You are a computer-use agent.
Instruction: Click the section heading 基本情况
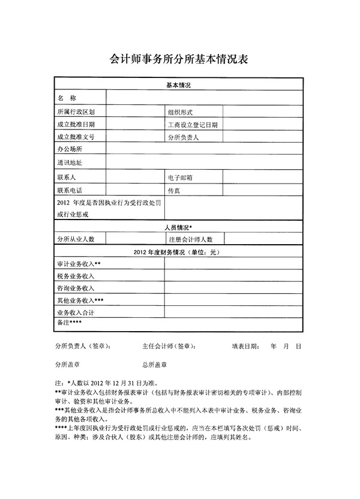coord(178,86)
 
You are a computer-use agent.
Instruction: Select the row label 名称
coord(67,98)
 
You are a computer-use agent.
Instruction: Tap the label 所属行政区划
coord(76,112)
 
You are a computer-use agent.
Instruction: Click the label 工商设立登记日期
coord(193,125)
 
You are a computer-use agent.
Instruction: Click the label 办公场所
coord(69,149)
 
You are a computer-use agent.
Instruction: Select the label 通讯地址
coord(70,163)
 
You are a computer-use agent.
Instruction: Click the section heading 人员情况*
coord(178,228)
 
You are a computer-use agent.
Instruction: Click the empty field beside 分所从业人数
coord(135,239)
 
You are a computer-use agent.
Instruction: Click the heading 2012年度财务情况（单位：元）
coord(178,252)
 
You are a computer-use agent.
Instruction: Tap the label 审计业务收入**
coord(79,264)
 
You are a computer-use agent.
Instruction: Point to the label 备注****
coord(69,323)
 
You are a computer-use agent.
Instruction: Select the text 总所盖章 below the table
coord(154,364)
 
